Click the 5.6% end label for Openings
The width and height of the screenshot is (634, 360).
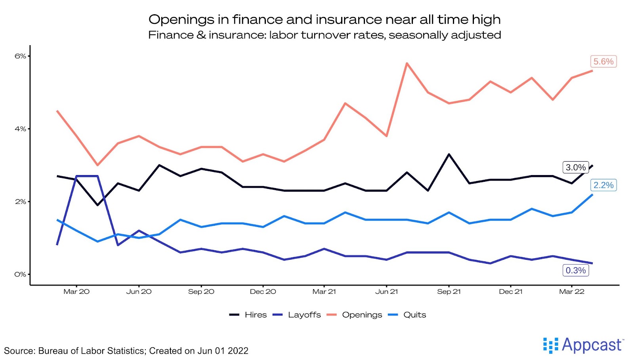click(603, 61)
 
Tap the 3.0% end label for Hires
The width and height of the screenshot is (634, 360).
click(575, 167)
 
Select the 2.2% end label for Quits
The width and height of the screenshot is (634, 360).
click(603, 185)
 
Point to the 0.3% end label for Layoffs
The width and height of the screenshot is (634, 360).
click(575, 270)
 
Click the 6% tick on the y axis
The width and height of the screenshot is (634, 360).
click(20, 56)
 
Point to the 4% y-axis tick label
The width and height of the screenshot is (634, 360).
click(20, 129)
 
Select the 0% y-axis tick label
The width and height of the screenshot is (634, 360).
click(20, 274)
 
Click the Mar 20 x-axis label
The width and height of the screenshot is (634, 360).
click(76, 291)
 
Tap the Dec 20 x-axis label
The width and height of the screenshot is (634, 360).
click(263, 291)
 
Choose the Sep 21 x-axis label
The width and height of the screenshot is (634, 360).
click(449, 291)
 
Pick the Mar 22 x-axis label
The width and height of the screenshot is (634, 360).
click(571, 291)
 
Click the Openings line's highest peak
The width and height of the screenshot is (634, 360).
click(407, 63)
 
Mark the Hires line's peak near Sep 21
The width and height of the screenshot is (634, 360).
click(449, 154)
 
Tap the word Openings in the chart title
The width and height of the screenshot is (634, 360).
click(181, 19)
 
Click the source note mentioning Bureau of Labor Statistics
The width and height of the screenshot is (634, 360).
click(126, 351)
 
